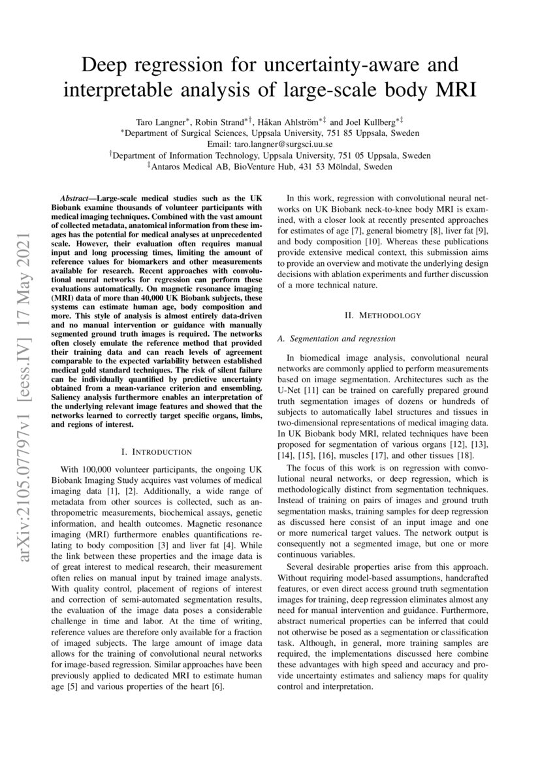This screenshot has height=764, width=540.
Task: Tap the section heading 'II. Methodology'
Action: (x=383, y=315)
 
